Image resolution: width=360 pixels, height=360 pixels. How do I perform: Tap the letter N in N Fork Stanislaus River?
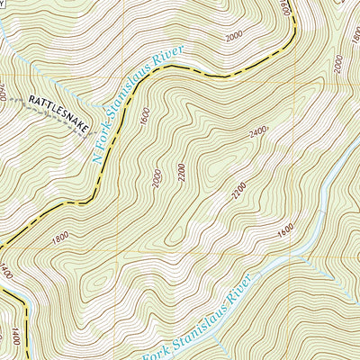pyautogui.click(x=97, y=158)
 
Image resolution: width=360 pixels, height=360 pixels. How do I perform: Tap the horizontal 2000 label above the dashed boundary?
pyautogui.click(x=235, y=36)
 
